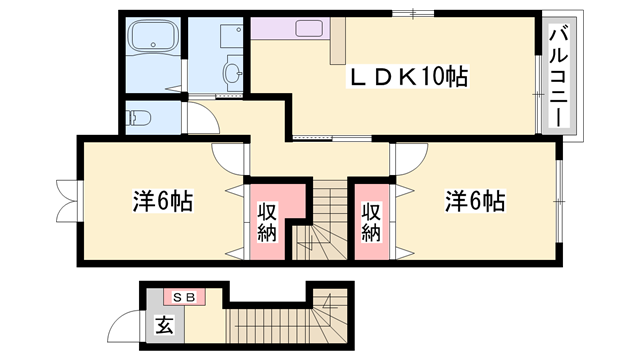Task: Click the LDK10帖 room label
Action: [394, 77]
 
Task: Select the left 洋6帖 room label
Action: [162, 201]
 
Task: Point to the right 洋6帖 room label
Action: [474, 201]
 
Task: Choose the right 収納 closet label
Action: [370, 221]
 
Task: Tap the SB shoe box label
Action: [184, 297]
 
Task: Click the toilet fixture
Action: [141, 118]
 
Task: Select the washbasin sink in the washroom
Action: [233, 72]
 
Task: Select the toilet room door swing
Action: [200, 122]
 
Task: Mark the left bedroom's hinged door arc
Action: [228, 158]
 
